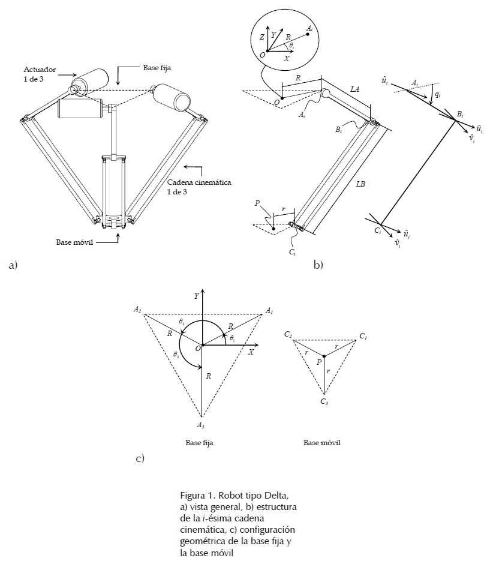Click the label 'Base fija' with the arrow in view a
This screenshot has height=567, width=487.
[x=157, y=68]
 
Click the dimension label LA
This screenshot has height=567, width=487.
[x=354, y=88]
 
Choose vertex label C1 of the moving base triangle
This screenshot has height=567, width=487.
[x=363, y=336]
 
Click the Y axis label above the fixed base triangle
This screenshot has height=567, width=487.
[x=196, y=296]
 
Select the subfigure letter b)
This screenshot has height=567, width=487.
[x=318, y=265]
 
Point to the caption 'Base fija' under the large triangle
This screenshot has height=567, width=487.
[x=200, y=443]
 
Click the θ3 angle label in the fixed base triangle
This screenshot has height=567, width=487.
[x=176, y=355]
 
